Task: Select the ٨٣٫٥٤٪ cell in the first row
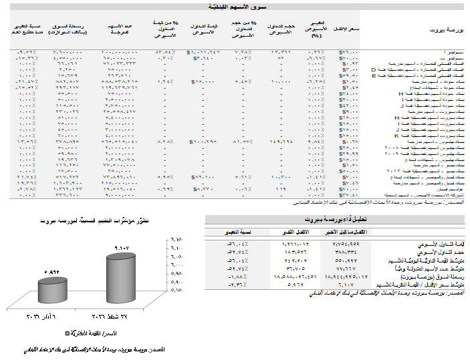pos(165,51)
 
